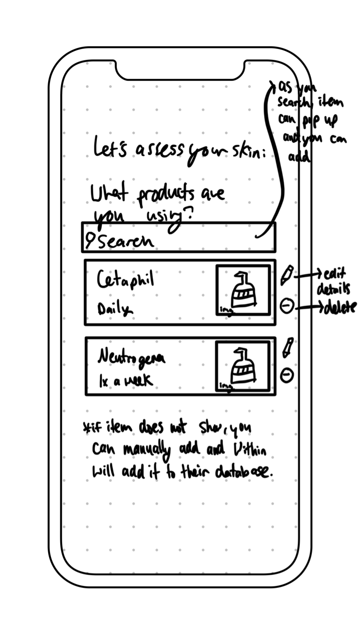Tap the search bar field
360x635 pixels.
pyautogui.click(x=179, y=238)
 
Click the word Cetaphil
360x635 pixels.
pyautogui.click(x=125, y=281)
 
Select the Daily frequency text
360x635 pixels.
pyautogui.click(x=115, y=309)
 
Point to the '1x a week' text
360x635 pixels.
pyautogui.click(x=125, y=381)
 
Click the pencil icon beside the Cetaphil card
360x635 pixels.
pyautogui.click(x=287, y=275)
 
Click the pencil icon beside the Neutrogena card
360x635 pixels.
pyautogui.click(x=288, y=348)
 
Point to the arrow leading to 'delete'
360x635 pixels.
pyautogui.click(x=310, y=307)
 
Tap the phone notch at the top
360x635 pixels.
pyautogui.click(x=180, y=70)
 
